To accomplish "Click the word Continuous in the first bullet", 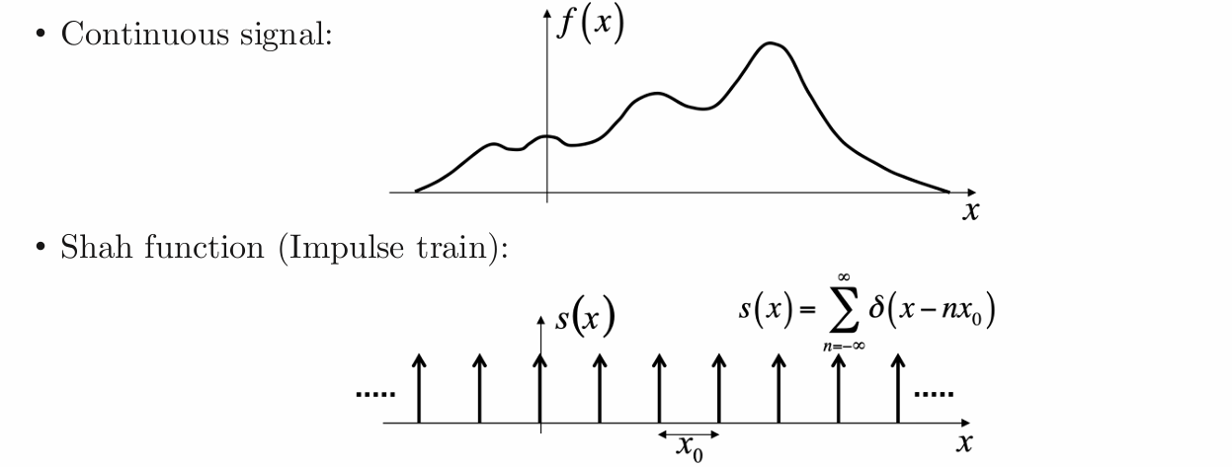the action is pos(144,34).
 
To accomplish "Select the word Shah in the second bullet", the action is pos(96,247).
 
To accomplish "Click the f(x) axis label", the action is pos(590,25).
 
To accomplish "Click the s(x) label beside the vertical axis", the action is pos(585,317).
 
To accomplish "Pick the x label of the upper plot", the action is pos(971,211).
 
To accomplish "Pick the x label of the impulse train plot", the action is pos(964,443).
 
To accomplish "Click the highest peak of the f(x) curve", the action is pos(770,42).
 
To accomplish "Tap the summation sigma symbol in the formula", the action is pos(845,309).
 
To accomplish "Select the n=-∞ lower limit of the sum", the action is pos(845,347).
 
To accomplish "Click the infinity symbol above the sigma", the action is pos(845,277).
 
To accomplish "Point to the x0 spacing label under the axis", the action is pos(690,448).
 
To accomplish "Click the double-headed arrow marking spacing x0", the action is pos(689,434).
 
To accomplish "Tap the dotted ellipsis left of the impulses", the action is pos(375,394).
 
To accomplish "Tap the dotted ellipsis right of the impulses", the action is pos(934,394).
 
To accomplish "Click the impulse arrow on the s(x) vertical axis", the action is pos(539,388).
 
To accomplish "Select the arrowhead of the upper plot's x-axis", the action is pos(971,193).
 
